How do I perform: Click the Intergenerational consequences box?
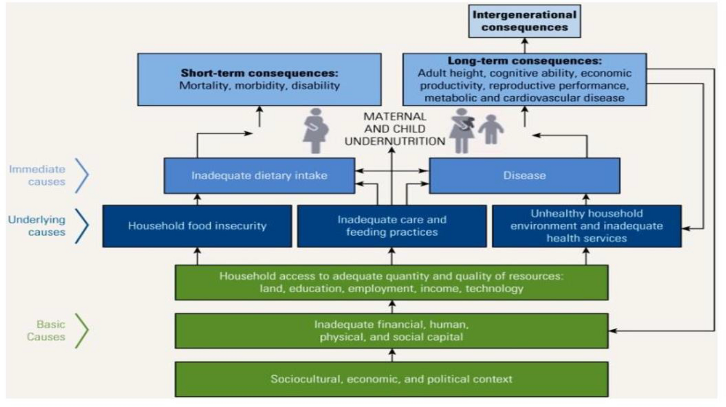pos(524,21)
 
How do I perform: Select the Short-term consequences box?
pos(259,79)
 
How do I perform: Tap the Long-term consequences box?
pos(524,79)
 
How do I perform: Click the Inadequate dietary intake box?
pos(259,175)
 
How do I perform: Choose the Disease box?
pos(524,175)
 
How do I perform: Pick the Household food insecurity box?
pos(197,226)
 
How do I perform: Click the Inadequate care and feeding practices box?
pos(392,226)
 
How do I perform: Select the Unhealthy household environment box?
pos(587,226)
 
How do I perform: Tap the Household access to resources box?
pos(391,282)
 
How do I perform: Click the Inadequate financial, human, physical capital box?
pos(391,331)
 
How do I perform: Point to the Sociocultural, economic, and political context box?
pos(391,379)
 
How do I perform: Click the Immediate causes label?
pos(37,175)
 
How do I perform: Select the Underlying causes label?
pos(37,226)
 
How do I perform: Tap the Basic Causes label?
pos(46,331)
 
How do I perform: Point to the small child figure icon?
pos(491,130)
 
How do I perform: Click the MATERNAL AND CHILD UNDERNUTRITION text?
pos(395,129)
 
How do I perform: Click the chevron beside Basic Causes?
pos(82,331)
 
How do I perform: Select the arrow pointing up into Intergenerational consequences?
pos(525,45)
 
